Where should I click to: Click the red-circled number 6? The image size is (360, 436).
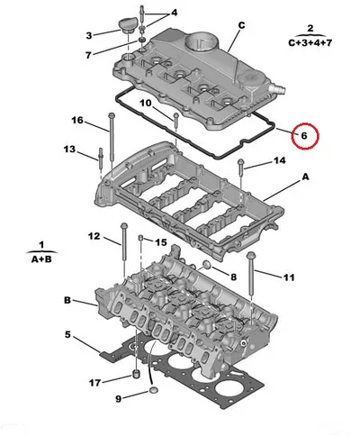click(304, 136)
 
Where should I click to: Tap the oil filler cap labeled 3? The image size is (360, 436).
click(128, 25)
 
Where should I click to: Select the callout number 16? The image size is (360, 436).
click(77, 120)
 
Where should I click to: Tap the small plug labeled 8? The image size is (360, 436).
click(207, 265)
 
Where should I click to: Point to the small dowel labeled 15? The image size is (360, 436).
click(140, 239)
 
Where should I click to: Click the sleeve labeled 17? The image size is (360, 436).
click(137, 375)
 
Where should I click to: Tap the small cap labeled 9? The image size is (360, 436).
click(153, 391)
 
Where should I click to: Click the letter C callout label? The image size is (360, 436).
click(241, 25)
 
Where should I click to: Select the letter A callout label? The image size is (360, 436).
click(305, 177)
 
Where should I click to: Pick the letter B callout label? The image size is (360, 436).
click(67, 300)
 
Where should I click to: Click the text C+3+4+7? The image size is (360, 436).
click(310, 43)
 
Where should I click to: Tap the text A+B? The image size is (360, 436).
click(41, 259)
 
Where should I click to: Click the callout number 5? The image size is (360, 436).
click(67, 334)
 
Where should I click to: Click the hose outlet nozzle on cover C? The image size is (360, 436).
click(278, 88)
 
